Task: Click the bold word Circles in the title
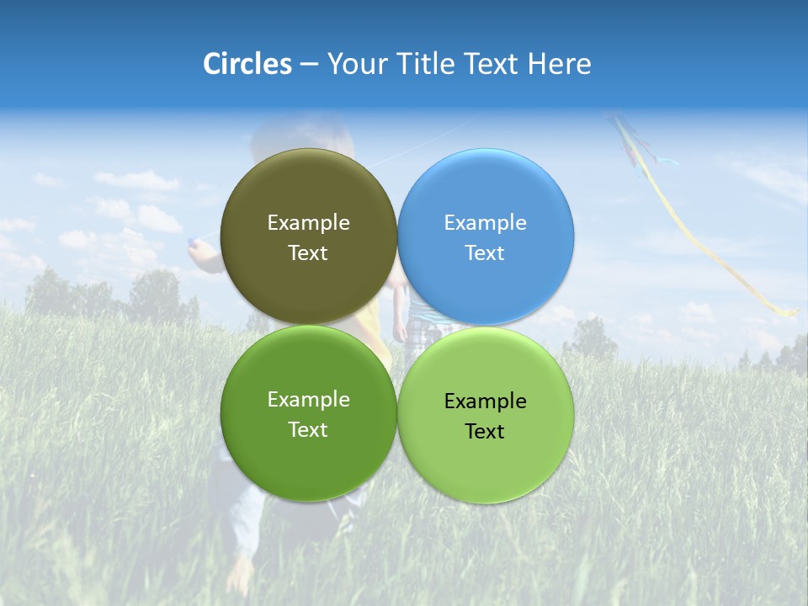click(247, 64)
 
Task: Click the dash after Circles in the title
click(309, 65)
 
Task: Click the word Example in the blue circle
click(485, 222)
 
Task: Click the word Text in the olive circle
click(308, 252)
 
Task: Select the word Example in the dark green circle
click(308, 399)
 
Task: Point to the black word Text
click(485, 431)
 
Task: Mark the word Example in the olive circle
click(308, 222)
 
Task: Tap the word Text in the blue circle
click(485, 252)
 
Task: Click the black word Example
click(485, 401)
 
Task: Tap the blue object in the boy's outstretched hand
click(194, 244)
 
